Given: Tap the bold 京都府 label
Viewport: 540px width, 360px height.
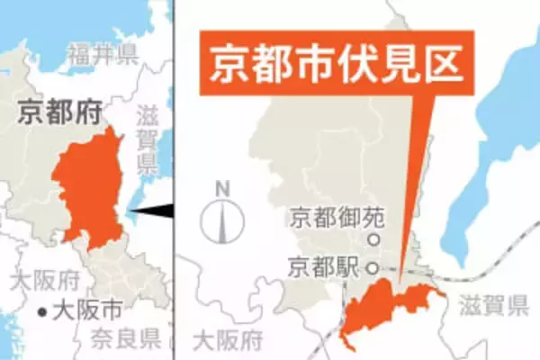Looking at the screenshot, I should pyautogui.click(x=58, y=112).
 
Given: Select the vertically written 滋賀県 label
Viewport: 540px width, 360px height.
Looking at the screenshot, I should pyautogui.click(x=146, y=140).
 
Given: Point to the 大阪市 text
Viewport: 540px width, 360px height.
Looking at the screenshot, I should pyautogui.click(x=87, y=312).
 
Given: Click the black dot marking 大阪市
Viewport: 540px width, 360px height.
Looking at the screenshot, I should pyautogui.click(x=42, y=313).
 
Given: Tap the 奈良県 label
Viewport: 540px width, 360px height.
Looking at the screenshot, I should pyautogui.click(x=125, y=338).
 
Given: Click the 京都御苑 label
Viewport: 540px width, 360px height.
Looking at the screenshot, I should pyautogui.click(x=325, y=218).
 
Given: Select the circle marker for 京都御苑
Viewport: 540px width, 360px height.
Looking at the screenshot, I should pyautogui.click(x=371, y=240).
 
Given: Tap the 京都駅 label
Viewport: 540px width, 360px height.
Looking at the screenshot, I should pyautogui.click(x=323, y=266).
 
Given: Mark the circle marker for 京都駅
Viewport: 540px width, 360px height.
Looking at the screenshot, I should pyautogui.click(x=371, y=267).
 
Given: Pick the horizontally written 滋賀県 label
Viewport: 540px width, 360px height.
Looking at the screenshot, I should pyautogui.click(x=493, y=309).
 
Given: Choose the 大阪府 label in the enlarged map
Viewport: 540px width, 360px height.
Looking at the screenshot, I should pyautogui.click(x=228, y=341).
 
